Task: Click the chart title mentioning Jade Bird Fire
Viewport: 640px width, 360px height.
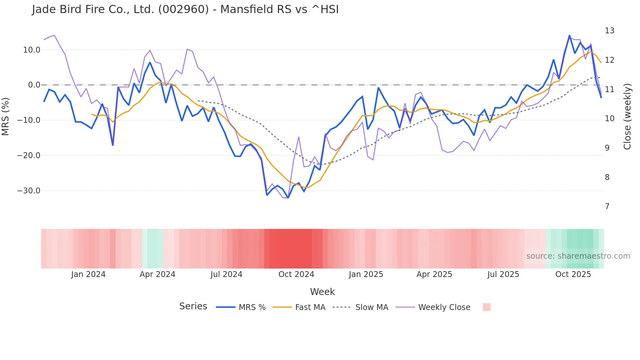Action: point(185,9)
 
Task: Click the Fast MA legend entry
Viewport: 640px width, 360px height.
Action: point(299,307)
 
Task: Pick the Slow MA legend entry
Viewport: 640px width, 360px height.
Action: point(360,307)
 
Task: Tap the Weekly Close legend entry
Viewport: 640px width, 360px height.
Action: point(433,307)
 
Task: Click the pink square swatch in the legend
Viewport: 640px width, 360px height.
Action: point(487,307)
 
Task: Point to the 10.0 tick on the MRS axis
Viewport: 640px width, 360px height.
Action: point(32,50)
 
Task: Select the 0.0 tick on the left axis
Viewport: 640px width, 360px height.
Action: point(34,85)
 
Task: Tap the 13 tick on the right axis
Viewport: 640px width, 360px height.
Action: point(609,31)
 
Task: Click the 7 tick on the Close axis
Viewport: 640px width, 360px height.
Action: point(607,206)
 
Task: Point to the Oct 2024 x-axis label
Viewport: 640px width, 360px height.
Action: point(296,274)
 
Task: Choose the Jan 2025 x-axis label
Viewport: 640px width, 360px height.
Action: point(366,274)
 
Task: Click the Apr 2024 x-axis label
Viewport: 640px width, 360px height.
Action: point(157,274)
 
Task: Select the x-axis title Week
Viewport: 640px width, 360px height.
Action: point(322,292)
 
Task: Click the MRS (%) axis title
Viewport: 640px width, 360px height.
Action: point(6,116)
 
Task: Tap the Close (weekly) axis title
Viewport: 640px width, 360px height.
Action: point(627,117)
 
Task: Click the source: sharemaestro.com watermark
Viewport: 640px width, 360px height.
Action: point(578,256)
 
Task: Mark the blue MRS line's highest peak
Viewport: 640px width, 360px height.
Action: point(569,36)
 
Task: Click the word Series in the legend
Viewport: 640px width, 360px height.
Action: point(193,306)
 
